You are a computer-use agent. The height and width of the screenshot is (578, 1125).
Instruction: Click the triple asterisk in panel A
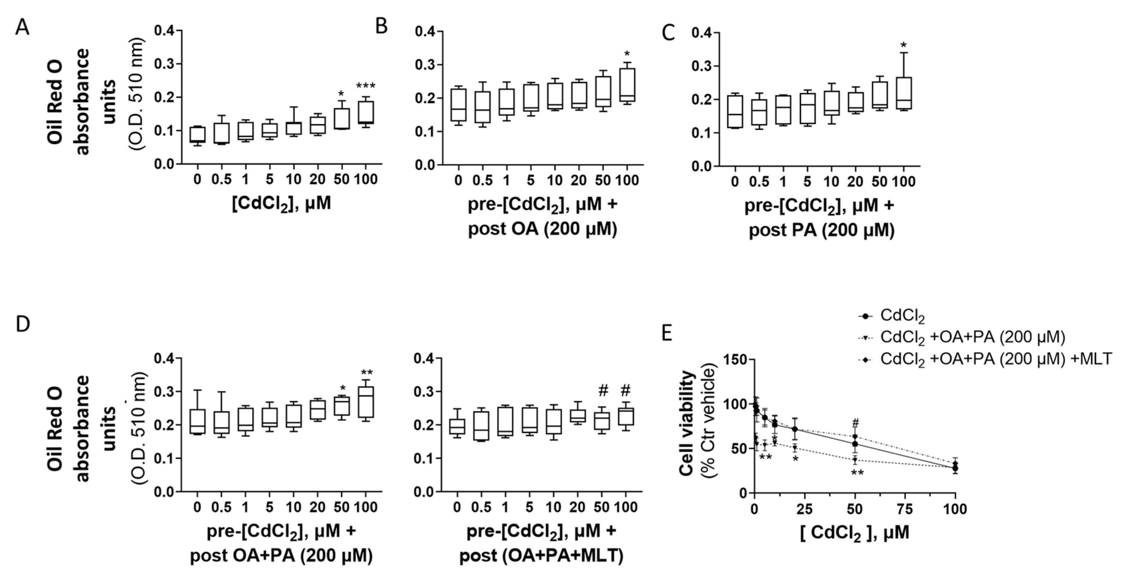366,86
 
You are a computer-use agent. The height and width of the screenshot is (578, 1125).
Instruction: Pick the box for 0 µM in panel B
458,105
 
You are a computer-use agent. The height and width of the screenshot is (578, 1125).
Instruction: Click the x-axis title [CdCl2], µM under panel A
281,203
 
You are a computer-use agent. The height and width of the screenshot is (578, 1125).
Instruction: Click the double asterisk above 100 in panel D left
367,373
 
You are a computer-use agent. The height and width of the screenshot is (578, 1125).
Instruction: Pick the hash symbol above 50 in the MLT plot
603,391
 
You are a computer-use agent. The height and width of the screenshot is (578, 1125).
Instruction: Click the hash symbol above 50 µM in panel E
855,423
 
